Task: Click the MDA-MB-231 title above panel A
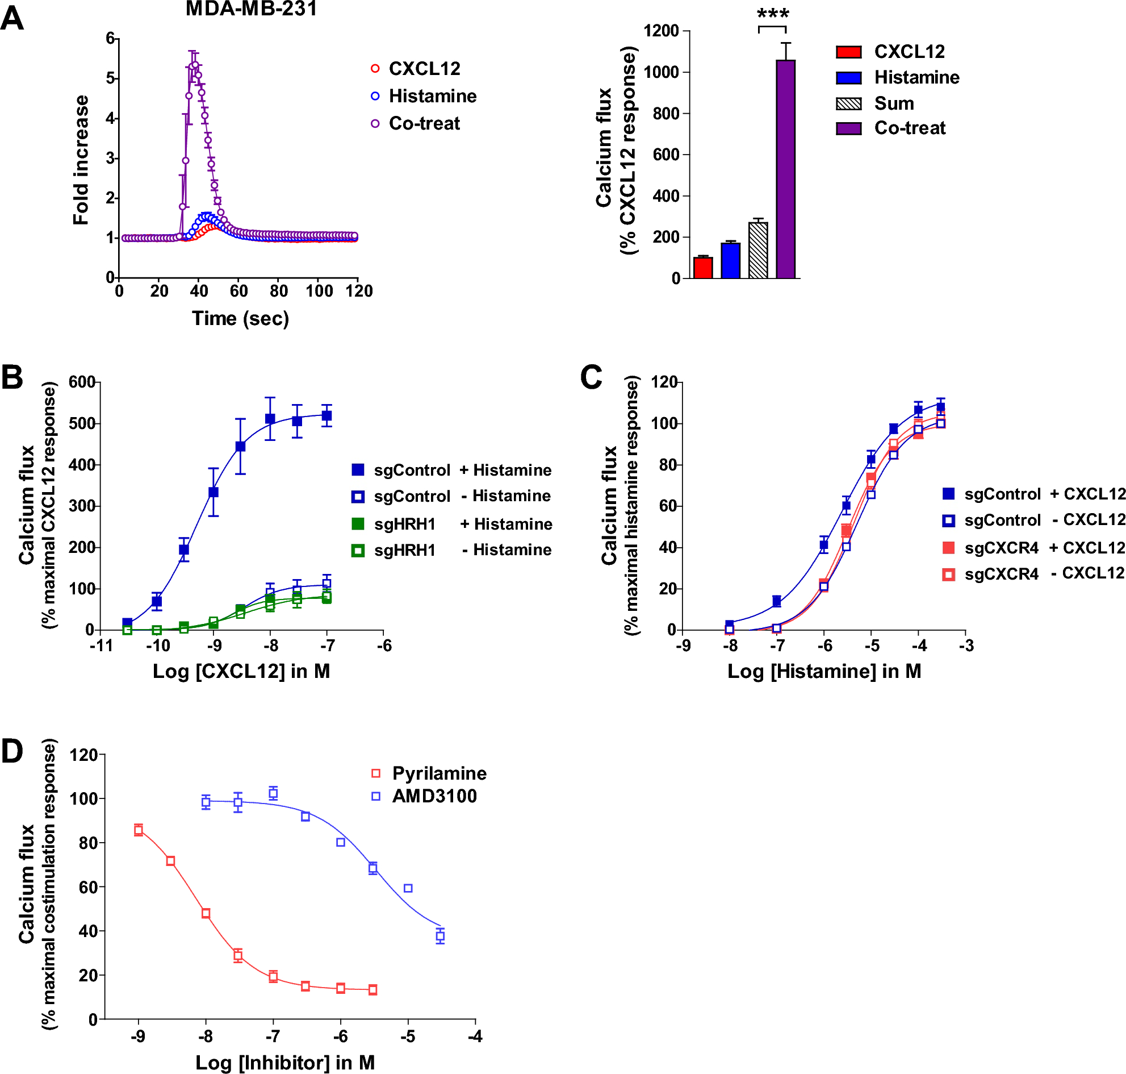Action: click(251, 9)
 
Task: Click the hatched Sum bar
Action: click(758, 250)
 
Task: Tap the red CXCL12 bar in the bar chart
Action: click(702, 267)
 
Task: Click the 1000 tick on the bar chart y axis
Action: click(662, 72)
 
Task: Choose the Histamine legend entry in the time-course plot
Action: click(432, 96)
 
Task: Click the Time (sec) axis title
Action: click(240, 318)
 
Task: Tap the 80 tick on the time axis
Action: click(279, 291)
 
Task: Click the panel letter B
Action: click(12, 378)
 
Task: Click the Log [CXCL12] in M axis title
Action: click(241, 671)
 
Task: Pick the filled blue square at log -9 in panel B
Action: click(214, 492)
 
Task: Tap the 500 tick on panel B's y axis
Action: click(81, 424)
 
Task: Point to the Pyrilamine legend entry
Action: click(438, 773)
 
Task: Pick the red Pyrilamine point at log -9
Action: click(139, 830)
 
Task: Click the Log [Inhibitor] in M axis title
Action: click(285, 1063)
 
